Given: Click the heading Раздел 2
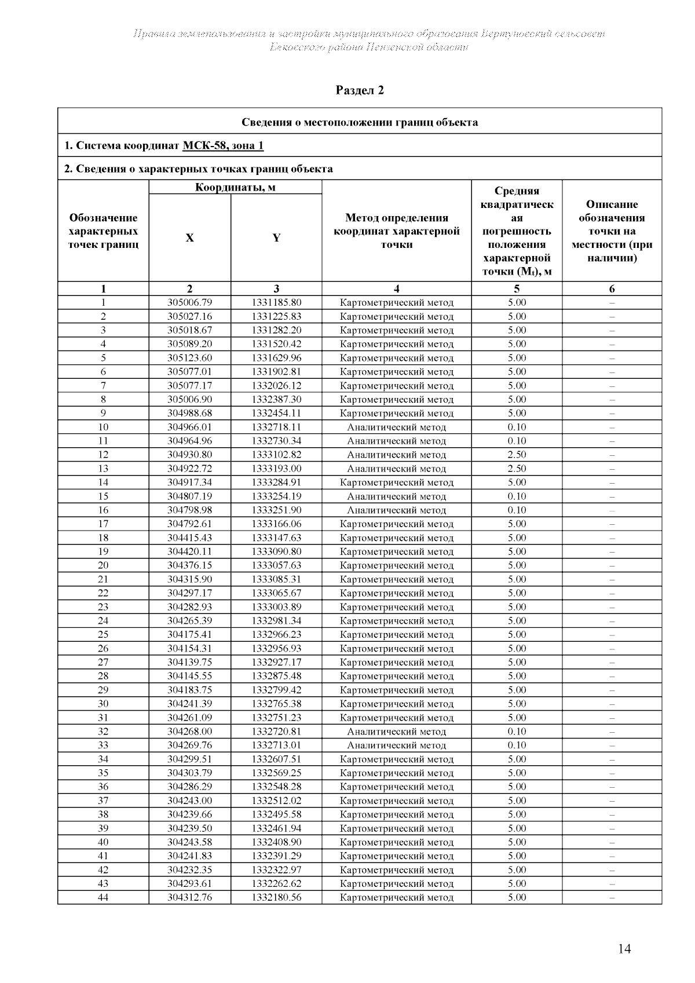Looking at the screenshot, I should pyautogui.click(x=360, y=90).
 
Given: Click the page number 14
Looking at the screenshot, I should pyautogui.click(x=624, y=949).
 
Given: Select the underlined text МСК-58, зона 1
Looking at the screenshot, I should pyautogui.click(x=223, y=145).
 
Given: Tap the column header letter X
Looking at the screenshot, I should pyautogui.click(x=189, y=238).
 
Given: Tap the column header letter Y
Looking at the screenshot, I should pyautogui.click(x=276, y=238).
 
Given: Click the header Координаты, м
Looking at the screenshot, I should pyautogui.click(x=235, y=187).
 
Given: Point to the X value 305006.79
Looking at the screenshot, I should pyautogui.click(x=189, y=302).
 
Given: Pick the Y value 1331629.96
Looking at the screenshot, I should pyautogui.click(x=276, y=358).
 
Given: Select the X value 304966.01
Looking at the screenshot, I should pyautogui.click(x=189, y=427).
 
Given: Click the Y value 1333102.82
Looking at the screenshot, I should pyautogui.click(x=276, y=455).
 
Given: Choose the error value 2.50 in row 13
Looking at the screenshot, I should pyautogui.click(x=517, y=469).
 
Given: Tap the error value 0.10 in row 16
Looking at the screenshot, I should pyautogui.click(x=517, y=510).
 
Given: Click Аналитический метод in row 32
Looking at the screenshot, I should pyautogui.click(x=397, y=732).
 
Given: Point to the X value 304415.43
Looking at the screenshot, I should pyautogui.click(x=189, y=538).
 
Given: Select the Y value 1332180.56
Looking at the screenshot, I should pyautogui.click(x=276, y=897).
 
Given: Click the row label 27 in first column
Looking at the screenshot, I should pyautogui.click(x=103, y=662).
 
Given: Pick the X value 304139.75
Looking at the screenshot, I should pyautogui.click(x=189, y=662).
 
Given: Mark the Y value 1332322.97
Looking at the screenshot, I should pyautogui.click(x=276, y=869).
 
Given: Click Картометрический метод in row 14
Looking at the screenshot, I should pyautogui.click(x=397, y=483).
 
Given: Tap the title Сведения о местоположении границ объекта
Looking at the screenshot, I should pyautogui.click(x=360, y=122).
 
